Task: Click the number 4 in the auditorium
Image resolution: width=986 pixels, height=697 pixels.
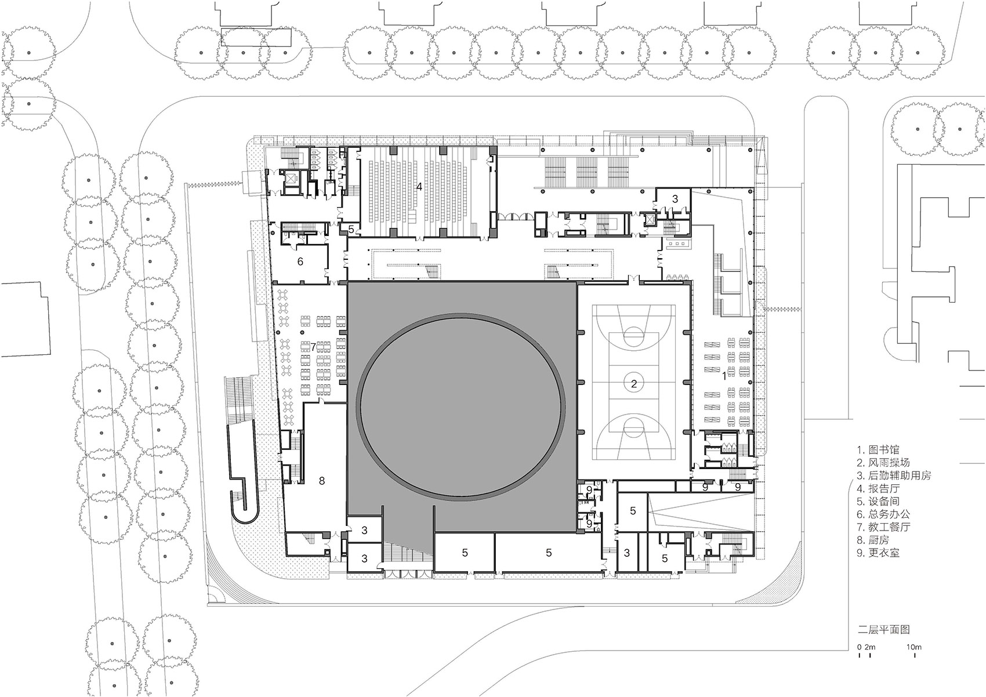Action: tap(418, 187)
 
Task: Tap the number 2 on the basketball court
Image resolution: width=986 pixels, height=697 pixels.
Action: tap(634, 383)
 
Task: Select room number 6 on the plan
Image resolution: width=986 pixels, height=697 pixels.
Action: tap(300, 262)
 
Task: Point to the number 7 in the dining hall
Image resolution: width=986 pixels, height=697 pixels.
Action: tap(313, 347)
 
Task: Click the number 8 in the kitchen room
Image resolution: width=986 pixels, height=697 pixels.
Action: tap(322, 480)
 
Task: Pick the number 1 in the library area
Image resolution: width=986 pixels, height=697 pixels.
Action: tap(723, 376)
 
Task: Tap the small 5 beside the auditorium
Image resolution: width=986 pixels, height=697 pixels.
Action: tap(351, 230)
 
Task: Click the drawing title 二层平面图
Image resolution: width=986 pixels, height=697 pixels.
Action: tap(883, 630)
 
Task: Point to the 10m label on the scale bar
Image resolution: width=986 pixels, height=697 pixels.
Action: tap(914, 647)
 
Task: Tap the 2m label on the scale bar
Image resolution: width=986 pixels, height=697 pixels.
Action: tap(871, 647)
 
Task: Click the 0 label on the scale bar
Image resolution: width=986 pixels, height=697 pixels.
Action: tap(859, 647)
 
